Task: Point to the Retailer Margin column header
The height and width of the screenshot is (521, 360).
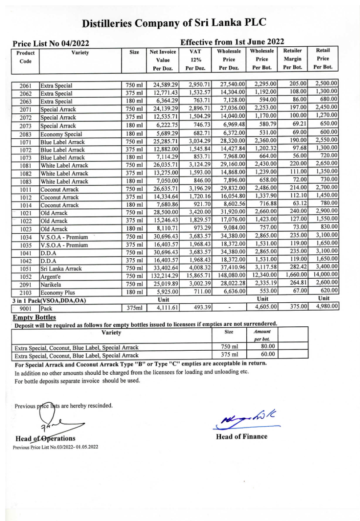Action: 292,59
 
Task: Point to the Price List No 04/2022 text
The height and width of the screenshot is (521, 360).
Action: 51,44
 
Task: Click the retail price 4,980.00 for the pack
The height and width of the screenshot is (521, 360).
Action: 326,307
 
